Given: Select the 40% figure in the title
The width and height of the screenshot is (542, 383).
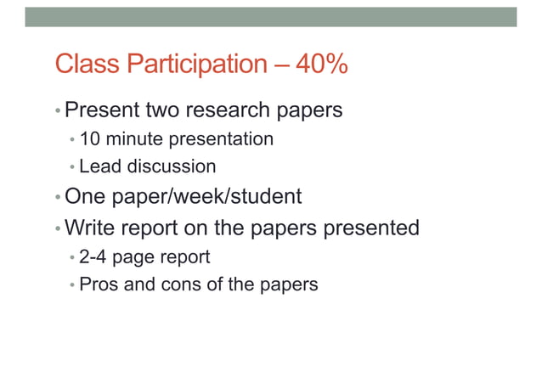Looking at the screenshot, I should [321, 64].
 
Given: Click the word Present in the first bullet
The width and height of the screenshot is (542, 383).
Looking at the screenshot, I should [101, 110].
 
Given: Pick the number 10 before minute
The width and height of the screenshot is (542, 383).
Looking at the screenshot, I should [89, 138].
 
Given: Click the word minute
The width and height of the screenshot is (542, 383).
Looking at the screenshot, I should [130, 138].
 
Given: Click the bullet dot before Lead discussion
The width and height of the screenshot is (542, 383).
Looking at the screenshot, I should [72, 167].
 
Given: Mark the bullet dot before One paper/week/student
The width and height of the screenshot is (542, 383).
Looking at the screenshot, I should [58, 197].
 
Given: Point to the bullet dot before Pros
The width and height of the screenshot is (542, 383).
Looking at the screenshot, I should [72, 284].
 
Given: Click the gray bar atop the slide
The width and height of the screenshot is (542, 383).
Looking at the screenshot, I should [270, 17].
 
